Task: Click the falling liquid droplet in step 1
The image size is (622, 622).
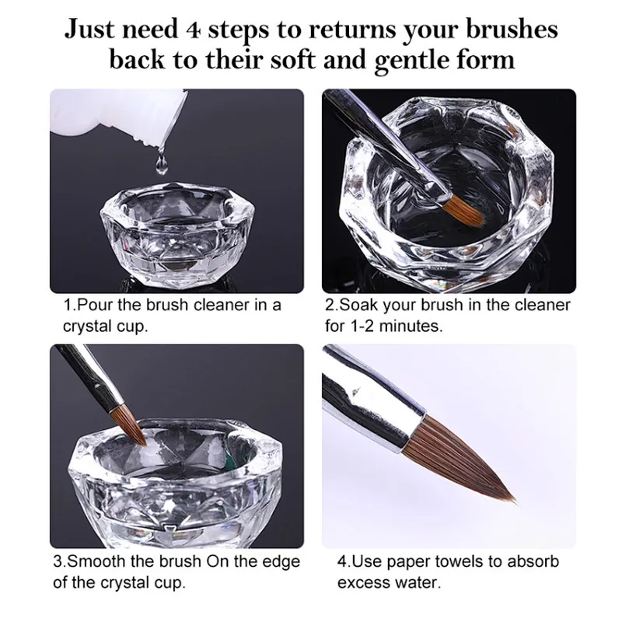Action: pyautogui.click(x=161, y=163)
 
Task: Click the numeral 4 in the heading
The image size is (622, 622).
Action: pyautogui.click(x=193, y=30)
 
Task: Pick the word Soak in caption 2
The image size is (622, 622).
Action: pyautogui.click(x=358, y=305)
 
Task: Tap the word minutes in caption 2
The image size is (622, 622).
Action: pyautogui.click(x=411, y=326)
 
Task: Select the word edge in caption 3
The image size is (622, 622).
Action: pyautogui.click(x=281, y=562)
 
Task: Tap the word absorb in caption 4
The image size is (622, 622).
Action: pyautogui.click(x=533, y=561)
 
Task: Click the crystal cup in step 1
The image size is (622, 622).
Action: pyautogui.click(x=178, y=233)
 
